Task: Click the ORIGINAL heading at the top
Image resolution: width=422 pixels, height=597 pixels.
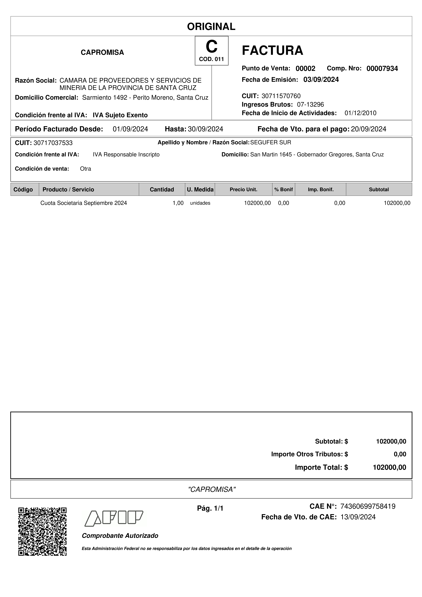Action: click(211, 27)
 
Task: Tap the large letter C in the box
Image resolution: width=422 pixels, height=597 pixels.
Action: click(211, 47)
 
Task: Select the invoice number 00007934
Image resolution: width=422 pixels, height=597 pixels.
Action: click(382, 69)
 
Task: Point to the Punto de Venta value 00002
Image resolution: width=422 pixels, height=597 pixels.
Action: click(305, 69)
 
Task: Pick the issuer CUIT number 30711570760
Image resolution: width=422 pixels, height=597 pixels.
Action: click(281, 96)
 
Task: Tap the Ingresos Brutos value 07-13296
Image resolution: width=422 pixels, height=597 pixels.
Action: click(310, 105)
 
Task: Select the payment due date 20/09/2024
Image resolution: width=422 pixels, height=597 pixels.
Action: click(368, 129)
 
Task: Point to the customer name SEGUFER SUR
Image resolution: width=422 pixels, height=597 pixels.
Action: click(271, 143)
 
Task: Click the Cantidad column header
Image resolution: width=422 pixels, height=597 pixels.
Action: click(162, 190)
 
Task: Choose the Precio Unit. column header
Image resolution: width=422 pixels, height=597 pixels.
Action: click(243, 190)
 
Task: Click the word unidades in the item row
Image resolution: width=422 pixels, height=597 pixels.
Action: click(200, 203)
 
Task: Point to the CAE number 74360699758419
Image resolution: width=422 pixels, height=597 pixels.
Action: click(368, 506)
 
